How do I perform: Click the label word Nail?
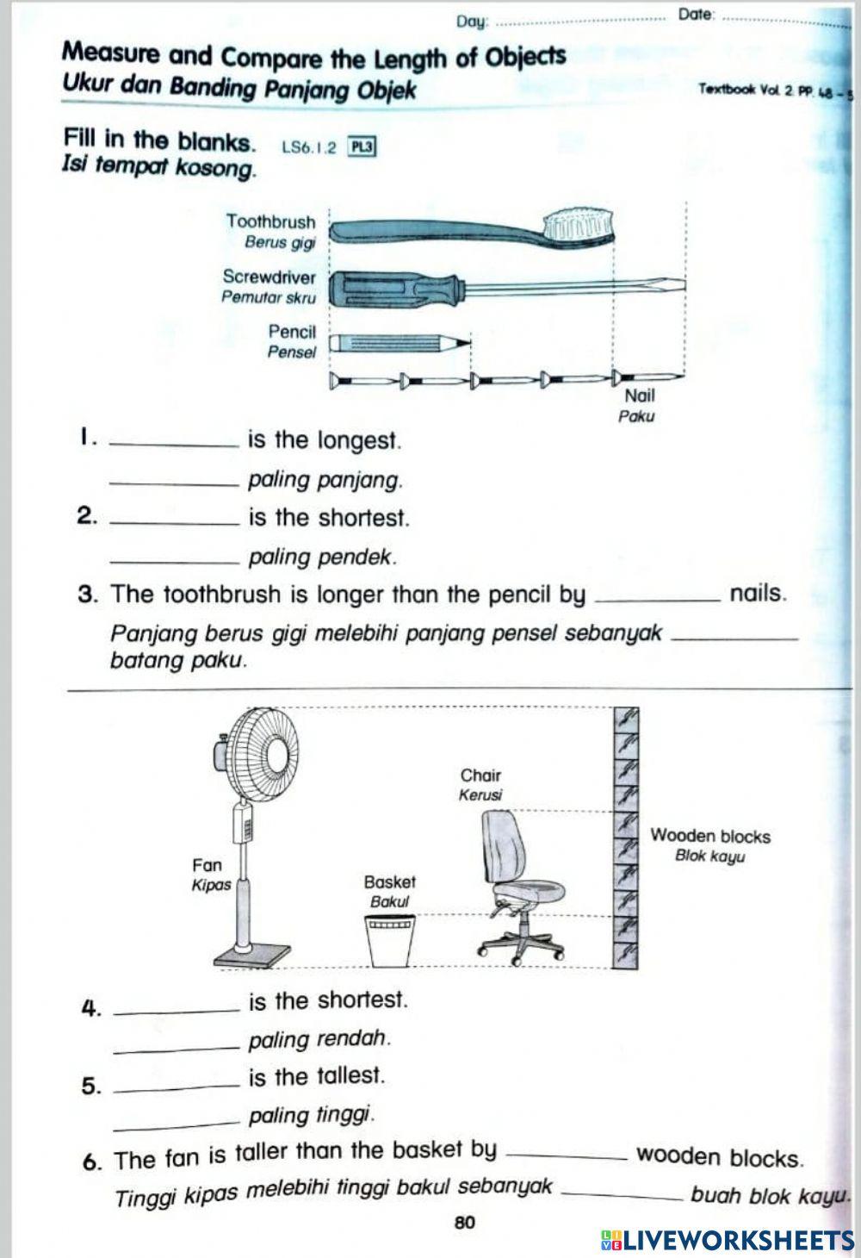point(639,396)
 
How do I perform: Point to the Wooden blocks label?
point(709,836)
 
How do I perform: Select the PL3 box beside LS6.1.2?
point(362,146)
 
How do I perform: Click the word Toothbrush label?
point(270,221)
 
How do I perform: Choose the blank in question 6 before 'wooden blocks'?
point(568,1158)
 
